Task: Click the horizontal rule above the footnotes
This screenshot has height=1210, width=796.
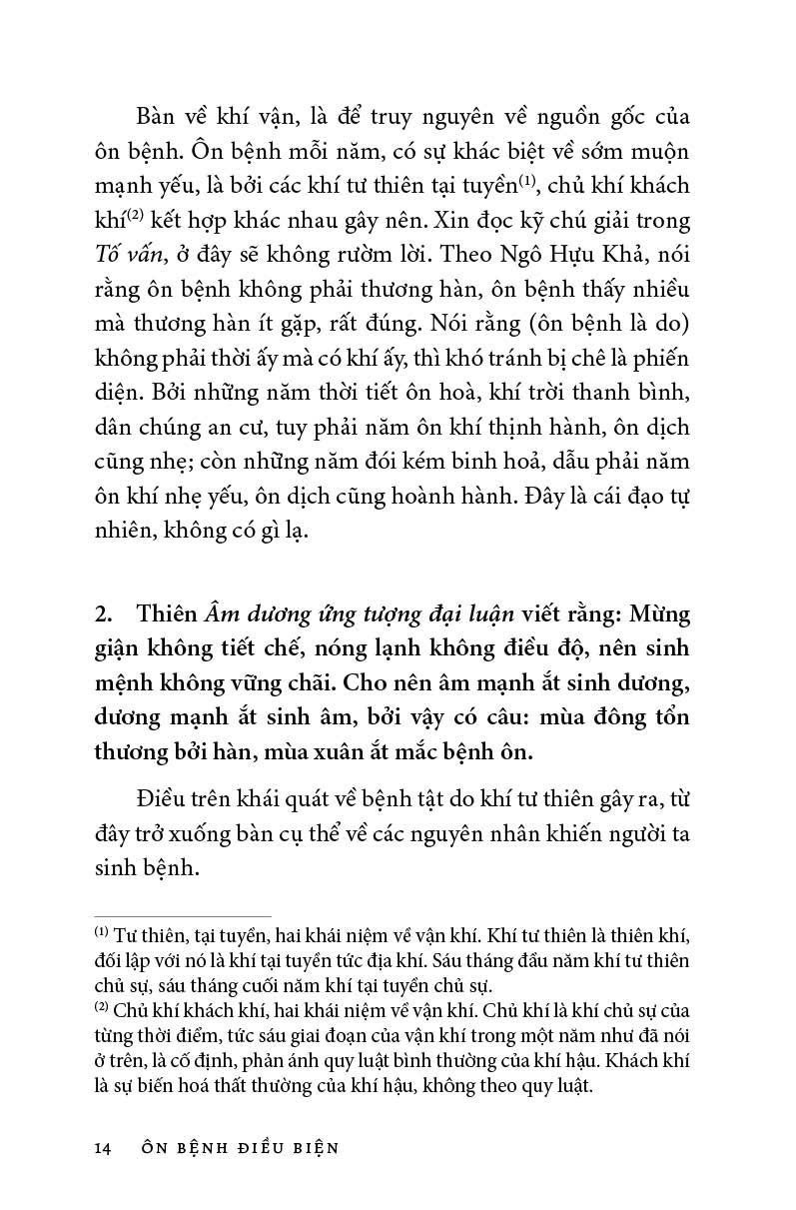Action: tap(182, 916)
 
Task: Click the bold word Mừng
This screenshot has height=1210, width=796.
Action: tap(656, 612)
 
